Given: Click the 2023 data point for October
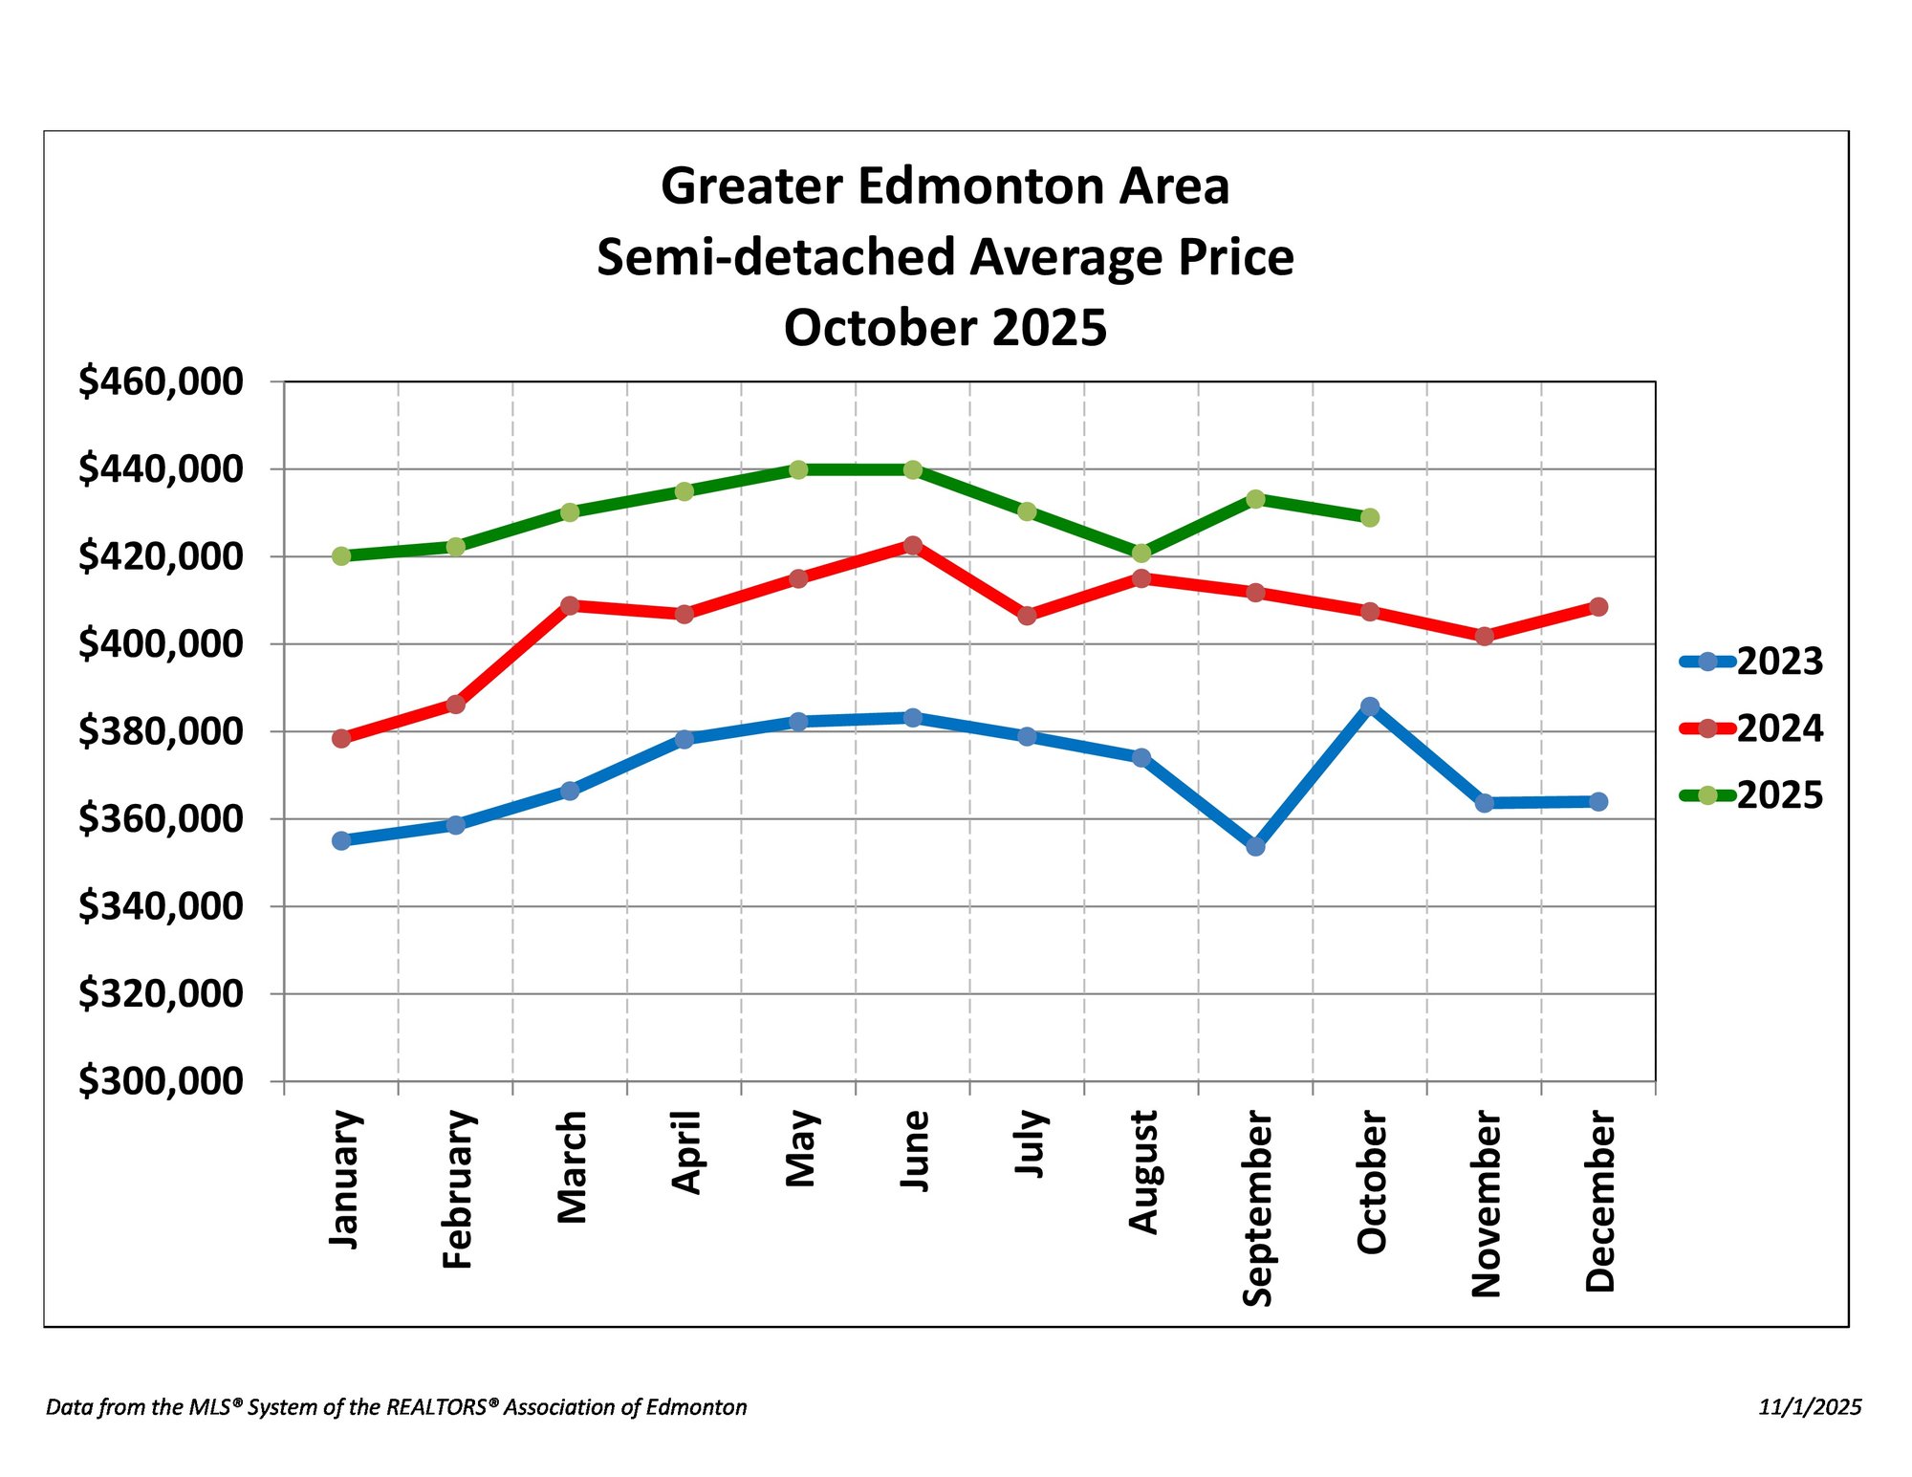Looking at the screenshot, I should coord(1370,706).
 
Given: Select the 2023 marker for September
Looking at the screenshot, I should coord(1255,846).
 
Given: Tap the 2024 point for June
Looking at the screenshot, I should coord(913,545).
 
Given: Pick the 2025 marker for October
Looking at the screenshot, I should coord(1370,517).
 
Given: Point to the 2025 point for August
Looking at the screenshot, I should coord(1141,553).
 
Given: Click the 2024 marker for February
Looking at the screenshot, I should coord(456,705).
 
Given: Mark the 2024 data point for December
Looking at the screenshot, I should coord(1598,607).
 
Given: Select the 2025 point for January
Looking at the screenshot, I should coord(341,555).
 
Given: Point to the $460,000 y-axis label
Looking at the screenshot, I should coord(161,381).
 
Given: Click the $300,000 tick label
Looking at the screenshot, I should coord(161,1081).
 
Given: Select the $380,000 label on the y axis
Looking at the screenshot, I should coord(161,731).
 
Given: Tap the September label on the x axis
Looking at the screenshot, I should coord(1257,1207).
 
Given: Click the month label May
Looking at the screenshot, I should coord(800,1148).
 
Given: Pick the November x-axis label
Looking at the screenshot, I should coord(1486,1204).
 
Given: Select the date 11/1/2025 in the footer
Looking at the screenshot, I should coord(1810,1407).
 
